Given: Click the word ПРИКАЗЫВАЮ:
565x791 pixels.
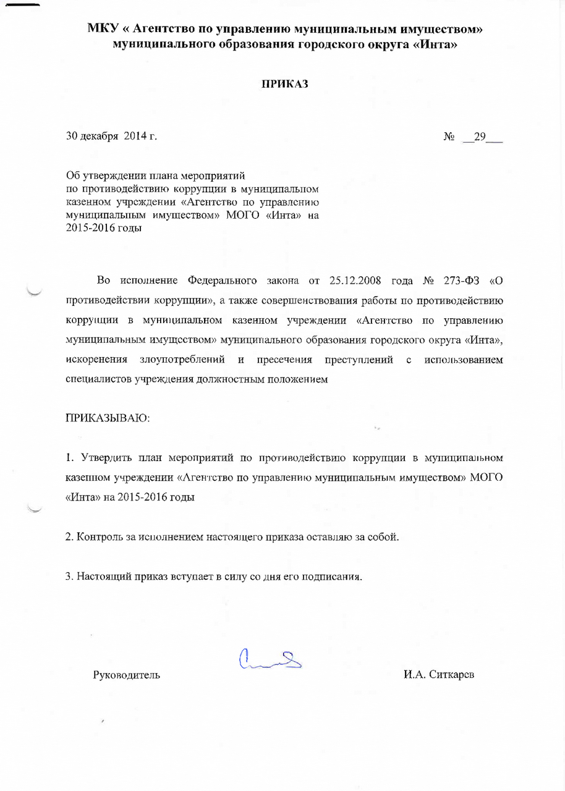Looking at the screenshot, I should [108, 418].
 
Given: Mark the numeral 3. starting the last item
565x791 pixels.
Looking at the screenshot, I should [70, 577].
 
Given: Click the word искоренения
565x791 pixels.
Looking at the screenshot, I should [96, 360].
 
